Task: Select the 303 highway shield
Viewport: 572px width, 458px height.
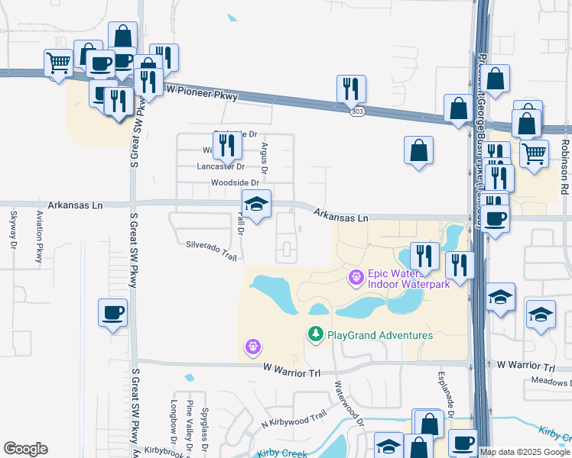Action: pyautogui.click(x=357, y=111)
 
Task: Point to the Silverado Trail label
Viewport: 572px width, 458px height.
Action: pyautogui.click(x=211, y=251)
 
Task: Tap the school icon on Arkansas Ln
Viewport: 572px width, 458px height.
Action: pyautogui.click(x=257, y=205)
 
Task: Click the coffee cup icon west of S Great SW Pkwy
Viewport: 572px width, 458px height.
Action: pyautogui.click(x=112, y=313)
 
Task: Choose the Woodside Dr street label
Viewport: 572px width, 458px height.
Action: pyautogui.click(x=235, y=182)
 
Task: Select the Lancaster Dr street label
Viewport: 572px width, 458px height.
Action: pyautogui.click(x=220, y=166)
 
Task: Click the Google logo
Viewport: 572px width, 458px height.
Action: pyautogui.click(x=25, y=449)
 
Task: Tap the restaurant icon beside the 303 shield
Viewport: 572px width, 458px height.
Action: pyautogui.click(x=351, y=89)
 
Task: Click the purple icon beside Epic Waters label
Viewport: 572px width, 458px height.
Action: pyautogui.click(x=355, y=277)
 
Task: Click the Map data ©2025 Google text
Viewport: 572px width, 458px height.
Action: pyautogui.click(x=525, y=452)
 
